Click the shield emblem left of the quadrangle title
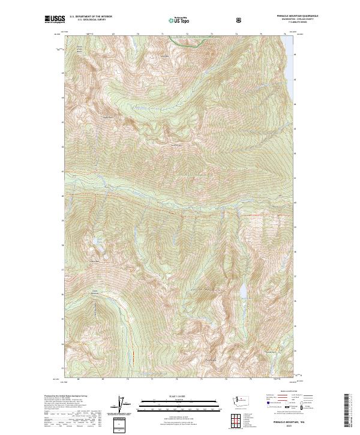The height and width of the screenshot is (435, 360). pyautogui.click(x=240, y=20)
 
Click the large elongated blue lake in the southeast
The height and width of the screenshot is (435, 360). pyautogui.click(x=243, y=291)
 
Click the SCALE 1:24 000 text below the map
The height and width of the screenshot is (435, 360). pyautogui.click(x=178, y=396)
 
